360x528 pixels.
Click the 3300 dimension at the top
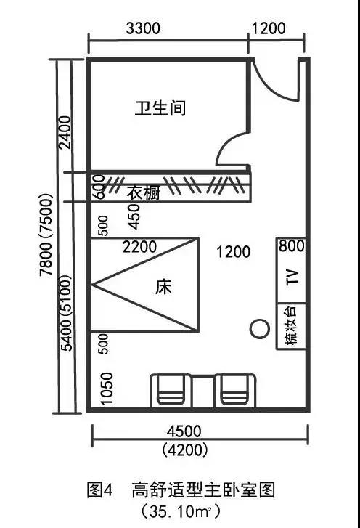coord(143,28)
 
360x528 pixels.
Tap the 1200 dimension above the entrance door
coord(269,28)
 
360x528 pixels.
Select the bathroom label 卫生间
coord(160,108)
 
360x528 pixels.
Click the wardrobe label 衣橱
coord(144,193)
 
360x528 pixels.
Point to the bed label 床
coord(163,287)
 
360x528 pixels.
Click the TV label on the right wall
coord(292,277)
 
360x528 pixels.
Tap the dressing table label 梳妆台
coord(291,325)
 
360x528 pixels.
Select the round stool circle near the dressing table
coord(260,329)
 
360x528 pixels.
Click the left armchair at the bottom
coord(171,391)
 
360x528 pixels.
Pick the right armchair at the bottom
coord(235,391)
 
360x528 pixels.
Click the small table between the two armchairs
coord(203,392)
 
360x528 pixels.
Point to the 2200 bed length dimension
coord(139,247)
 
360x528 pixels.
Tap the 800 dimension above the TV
coord(291,245)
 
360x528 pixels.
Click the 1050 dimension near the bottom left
coord(107,389)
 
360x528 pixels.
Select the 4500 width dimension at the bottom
coord(184,431)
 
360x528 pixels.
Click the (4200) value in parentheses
coord(184,450)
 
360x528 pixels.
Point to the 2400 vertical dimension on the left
coord(65,132)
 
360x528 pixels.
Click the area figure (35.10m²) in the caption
coord(181,511)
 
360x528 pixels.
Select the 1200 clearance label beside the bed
coord(233,252)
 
